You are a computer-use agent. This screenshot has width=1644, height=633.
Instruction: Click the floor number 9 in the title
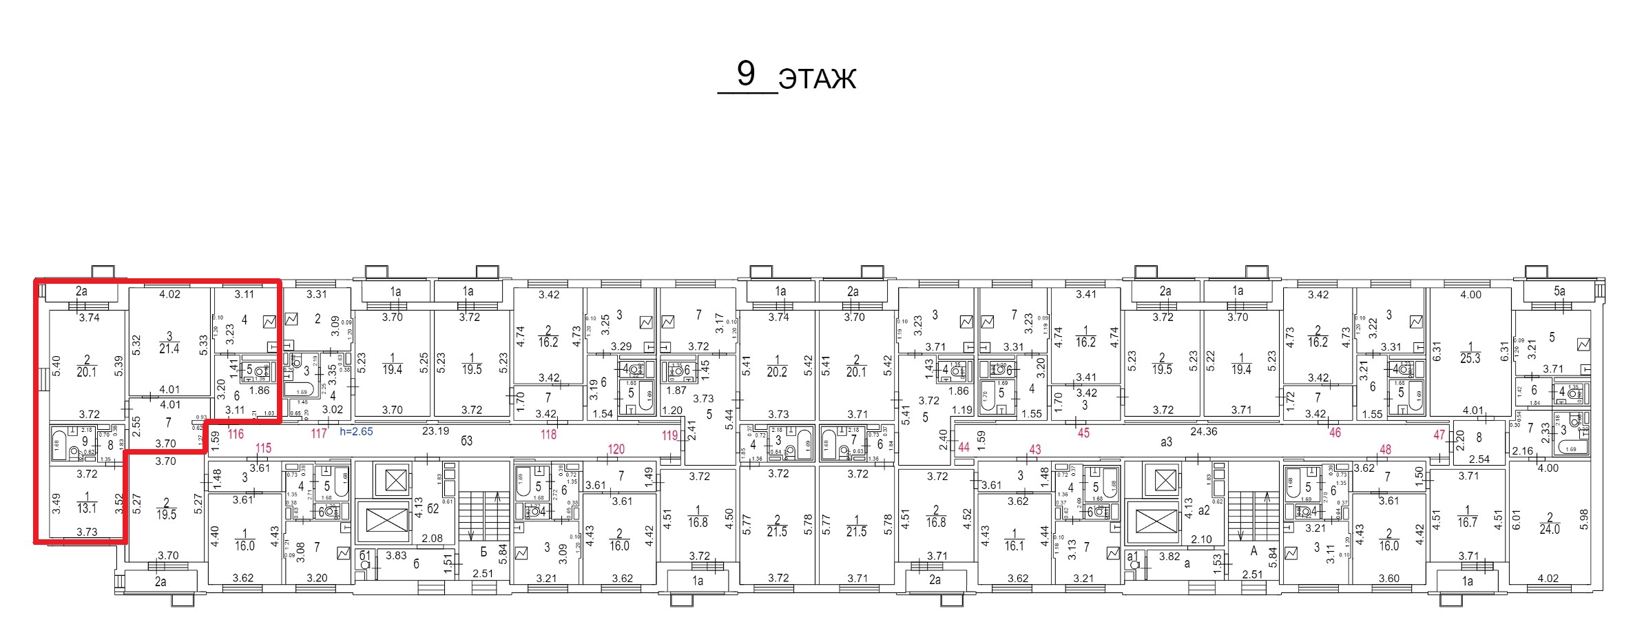(x=746, y=74)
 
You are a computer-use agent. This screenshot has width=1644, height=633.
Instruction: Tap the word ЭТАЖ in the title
(x=818, y=79)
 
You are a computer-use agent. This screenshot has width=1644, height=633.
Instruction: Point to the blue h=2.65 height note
(x=356, y=432)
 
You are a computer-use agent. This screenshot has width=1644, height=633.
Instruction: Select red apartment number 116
(x=236, y=434)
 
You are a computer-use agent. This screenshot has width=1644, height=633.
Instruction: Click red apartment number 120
(x=616, y=449)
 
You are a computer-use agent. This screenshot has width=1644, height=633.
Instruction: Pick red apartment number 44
(x=964, y=447)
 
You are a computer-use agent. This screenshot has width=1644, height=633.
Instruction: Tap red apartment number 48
(x=1385, y=449)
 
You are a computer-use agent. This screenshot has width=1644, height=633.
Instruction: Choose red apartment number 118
(x=548, y=434)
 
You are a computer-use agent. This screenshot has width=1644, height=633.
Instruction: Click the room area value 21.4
(x=169, y=349)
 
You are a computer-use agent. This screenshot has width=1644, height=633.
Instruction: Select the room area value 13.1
(x=87, y=509)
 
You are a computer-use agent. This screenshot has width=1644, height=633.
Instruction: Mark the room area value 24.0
(x=1549, y=529)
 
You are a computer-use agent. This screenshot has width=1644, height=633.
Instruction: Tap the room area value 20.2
(x=777, y=372)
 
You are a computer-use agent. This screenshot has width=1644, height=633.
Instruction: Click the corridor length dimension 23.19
(x=435, y=432)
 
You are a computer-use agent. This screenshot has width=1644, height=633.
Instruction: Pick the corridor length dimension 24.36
(x=1203, y=432)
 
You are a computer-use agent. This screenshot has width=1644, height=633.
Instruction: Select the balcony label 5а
(x=1559, y=291)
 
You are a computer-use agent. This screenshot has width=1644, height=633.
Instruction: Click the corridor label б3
(x=466, y=441)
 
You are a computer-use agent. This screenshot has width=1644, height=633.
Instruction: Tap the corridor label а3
(x=1165, y=442)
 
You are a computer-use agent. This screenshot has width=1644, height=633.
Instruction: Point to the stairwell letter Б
(x=483, y=551)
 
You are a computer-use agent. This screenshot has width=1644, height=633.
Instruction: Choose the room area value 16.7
(x=1467, y=523)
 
